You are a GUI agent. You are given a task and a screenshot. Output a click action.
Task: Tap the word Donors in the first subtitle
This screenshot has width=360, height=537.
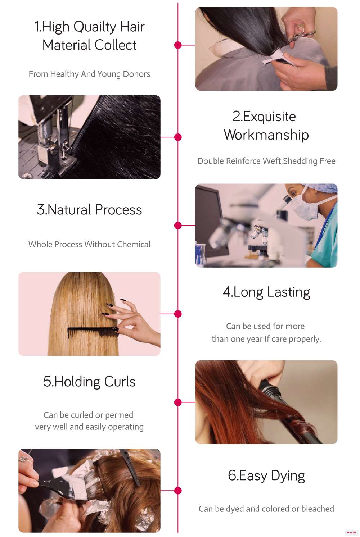(x=136, y=74)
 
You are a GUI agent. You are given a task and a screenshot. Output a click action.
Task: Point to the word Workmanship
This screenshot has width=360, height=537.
(x=266, y=135)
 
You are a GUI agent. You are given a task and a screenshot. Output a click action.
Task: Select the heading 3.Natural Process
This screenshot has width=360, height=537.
(x=89, y=210)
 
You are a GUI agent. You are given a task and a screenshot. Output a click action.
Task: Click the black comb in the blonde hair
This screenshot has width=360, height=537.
(x=93, y=332)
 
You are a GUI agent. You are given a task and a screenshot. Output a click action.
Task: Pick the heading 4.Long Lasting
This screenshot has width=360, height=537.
(x=266, y=292)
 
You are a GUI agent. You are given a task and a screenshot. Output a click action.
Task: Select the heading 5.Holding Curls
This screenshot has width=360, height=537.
(x=89, y=382)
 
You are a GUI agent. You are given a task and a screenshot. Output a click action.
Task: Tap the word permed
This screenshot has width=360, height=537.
(x=119, y=415)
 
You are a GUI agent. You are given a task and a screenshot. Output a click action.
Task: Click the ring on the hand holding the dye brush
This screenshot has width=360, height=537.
(x=24, y=459)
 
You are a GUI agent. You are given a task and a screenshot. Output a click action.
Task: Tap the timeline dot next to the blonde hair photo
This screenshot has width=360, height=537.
(x=178, y=314)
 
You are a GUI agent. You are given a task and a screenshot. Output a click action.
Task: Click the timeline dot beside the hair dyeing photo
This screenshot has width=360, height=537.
(x=178, y=491)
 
